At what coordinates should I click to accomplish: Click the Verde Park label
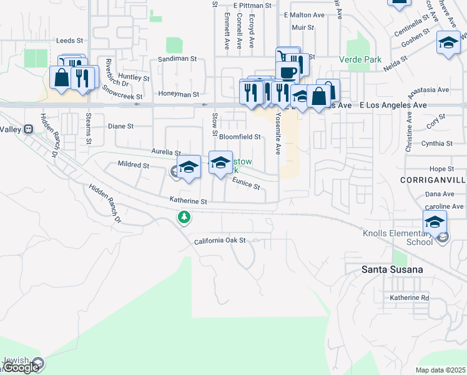(x=360, y=59)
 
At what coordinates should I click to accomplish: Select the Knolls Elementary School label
(x=398, y=238)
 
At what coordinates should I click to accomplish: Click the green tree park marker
(x=184, y=217)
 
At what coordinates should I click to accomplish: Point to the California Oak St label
(x=220, y=241)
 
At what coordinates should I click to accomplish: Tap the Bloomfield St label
(x=239, y=136)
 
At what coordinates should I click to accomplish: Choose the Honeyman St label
(x=178, y=94)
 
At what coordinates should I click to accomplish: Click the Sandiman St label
(x=177, y=58)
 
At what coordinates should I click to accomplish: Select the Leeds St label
(x=69, y=41)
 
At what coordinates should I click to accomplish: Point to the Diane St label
(x=120, y=126)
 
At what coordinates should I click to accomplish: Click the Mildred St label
(x=134, y=166)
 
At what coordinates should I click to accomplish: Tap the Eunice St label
(x=245, y=182)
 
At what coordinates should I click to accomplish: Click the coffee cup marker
(x=287, y=72)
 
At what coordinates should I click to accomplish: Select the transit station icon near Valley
(x=28, y=129)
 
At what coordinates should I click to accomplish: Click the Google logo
(x=21, y=367)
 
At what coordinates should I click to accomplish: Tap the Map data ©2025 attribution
(x=440, y=370)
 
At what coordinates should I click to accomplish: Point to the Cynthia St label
(x=436, y=143)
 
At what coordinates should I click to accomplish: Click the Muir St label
(x=302, y=27)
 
